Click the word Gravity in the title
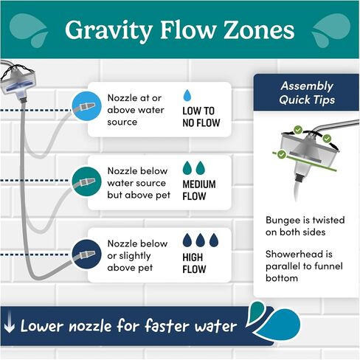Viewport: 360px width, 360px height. click(108, 30)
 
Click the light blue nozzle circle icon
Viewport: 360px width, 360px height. click(86, 106)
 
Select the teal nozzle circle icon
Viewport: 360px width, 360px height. click(86, 181)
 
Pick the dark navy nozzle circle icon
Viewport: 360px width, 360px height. click(86, 255)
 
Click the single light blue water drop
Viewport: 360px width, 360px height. click(187, 95)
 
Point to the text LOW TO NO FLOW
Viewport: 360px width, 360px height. click(201, 117)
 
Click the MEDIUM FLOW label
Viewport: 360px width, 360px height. click(199, 190)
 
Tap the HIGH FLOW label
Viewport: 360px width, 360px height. click(194, 263)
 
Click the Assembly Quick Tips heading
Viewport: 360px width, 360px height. click(307, 93)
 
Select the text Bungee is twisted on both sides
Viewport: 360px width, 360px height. click(305, 226)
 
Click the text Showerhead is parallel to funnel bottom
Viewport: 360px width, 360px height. click(304, 266)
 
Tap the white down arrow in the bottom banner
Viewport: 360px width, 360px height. click(10, 325)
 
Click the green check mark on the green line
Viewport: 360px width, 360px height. click(282, 154)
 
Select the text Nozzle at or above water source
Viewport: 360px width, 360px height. click(136, 110)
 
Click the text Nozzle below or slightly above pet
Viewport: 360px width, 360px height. click(137, 255)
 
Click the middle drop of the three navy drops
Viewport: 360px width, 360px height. click(201, 240)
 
